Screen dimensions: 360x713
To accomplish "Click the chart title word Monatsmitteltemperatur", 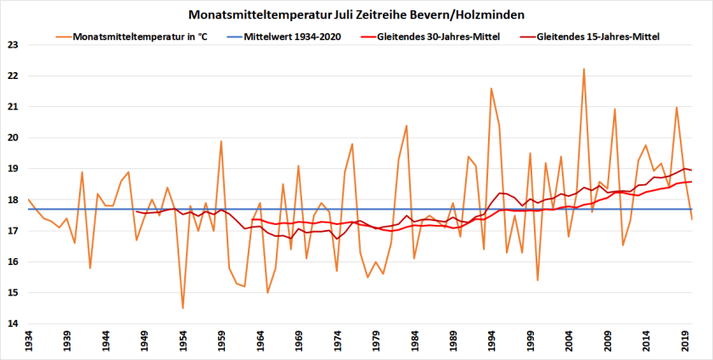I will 248,14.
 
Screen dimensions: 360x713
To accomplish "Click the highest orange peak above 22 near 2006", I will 584,69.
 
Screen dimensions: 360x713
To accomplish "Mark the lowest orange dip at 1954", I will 182,308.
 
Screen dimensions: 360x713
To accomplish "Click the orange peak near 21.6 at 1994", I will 491,88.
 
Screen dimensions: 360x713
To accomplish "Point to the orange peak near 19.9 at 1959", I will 221,141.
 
